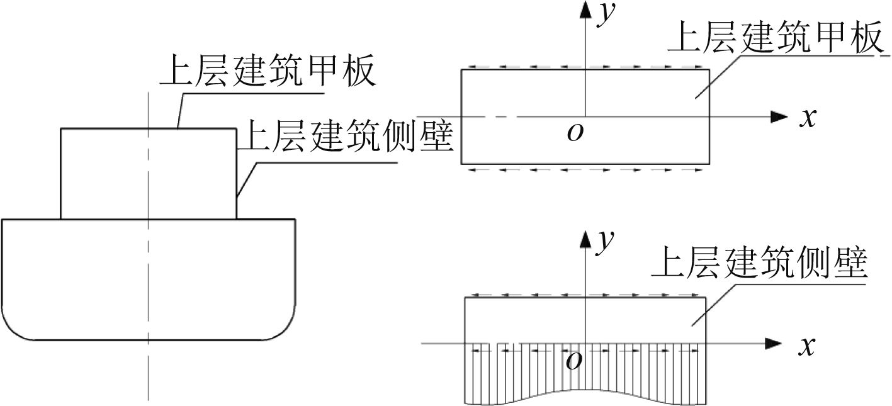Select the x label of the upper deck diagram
(x=807, y=118)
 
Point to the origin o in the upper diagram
(x=574, y=133)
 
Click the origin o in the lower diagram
(x=574, y=360)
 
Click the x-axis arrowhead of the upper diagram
(x=779, y=116)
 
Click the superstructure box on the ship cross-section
(x=149, y=173)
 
